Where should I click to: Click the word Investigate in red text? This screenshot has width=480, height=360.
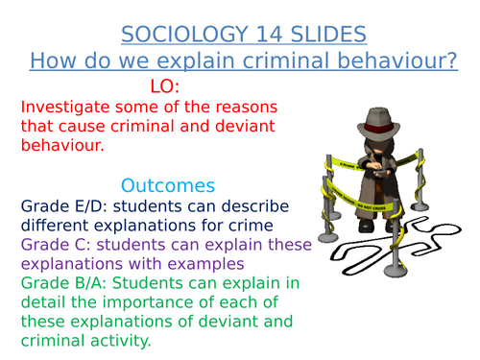(67, 108)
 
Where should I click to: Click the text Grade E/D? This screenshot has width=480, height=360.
(66, 205)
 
